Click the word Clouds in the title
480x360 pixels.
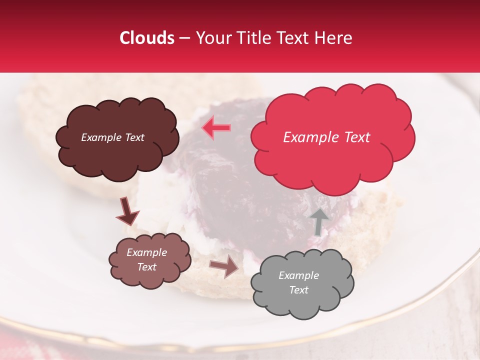(147, 38)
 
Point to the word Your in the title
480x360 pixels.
(210, 38)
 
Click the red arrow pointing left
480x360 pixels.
(216, 127)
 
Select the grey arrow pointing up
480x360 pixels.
(319, 221)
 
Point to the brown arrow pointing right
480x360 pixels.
(224, 267)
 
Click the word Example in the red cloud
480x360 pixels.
(309, 137)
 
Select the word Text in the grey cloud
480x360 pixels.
(298, 290)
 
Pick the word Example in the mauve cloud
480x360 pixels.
(146, 252)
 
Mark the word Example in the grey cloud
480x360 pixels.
(298, 275)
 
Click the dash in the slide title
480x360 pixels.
(184, 38)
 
